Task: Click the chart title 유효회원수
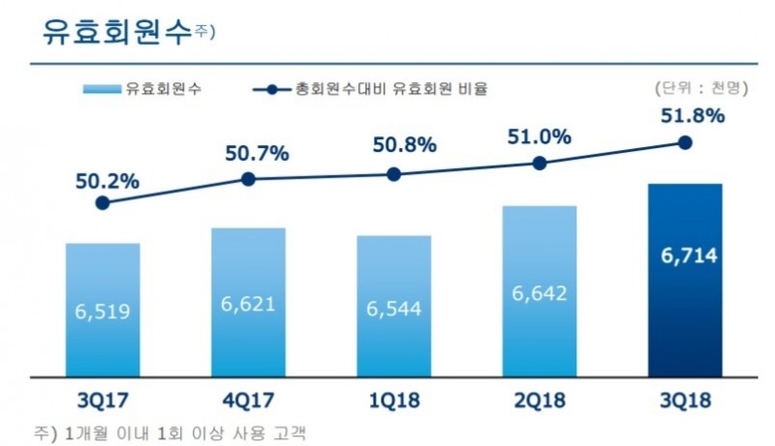(x=116, y=31)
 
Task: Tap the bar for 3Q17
(x=103, y=310)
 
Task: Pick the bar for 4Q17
(x=248, y=302)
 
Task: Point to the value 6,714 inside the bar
(x=684, y=257)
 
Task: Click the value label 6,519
(x=103, y=312)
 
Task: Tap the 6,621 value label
(x=248, y=303)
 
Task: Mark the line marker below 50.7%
(x=248, y=179)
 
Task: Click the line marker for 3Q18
(x=685, y=142)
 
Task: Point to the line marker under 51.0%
(x=540, y=164)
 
